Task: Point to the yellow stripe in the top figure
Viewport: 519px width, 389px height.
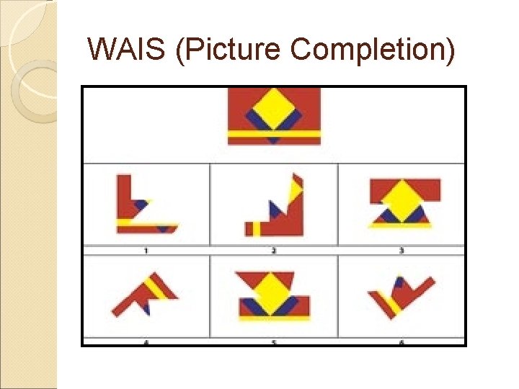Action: tap(273, 134)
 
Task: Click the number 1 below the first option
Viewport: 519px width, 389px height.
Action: tap(146, 250)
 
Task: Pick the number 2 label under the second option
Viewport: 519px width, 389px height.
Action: tap(274, 250)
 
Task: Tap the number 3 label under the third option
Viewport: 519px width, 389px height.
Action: tap(401, 250)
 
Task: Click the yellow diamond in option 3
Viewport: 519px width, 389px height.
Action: tap(404, 199)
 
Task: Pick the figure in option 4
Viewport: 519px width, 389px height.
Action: tap(145, 295)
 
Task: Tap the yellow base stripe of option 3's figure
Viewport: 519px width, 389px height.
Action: tap(401, 225)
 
